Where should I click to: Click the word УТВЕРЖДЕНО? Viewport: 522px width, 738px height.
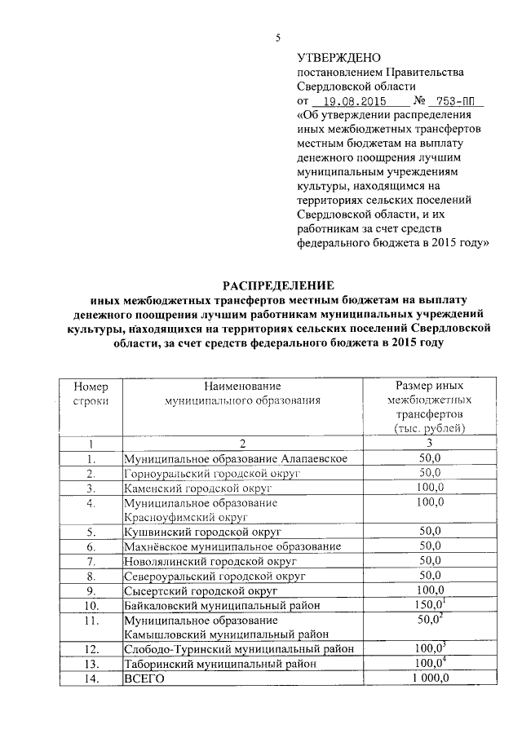click(338, 58)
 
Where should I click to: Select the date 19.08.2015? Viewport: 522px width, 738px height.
click(353, 102)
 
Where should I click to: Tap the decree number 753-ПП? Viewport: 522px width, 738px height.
click(457, 102)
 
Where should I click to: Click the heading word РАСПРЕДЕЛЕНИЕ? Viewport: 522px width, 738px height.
click(279, 285)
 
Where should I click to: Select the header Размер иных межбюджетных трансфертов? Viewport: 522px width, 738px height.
click(429, 406)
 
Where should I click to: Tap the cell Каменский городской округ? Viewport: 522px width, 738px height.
click(197, 488)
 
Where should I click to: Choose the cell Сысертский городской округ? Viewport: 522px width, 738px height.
click(201, 590)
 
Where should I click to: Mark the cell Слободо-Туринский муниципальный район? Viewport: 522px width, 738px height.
click(239, 649)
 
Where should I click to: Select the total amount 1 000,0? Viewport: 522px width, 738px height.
click(429, 678)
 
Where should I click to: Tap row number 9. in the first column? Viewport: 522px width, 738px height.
click(91, 590)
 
